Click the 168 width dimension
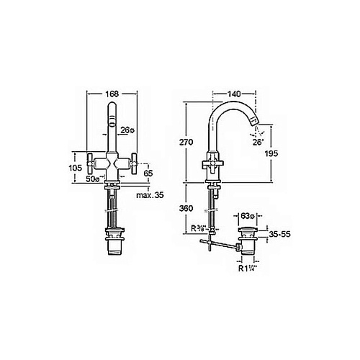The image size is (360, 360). click(112, 94)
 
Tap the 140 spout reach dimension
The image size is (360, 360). click(234, 94)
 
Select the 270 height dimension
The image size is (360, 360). click(186, 143)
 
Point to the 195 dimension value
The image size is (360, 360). click(271, 153)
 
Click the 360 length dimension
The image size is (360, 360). click(186, 208)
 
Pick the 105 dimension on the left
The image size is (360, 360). click(76, 168)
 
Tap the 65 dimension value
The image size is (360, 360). click(148, 173)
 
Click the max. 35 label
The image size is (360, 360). click(150, 195)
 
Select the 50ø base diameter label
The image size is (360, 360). click(93, 179)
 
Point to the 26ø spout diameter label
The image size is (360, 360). click(127, 130)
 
